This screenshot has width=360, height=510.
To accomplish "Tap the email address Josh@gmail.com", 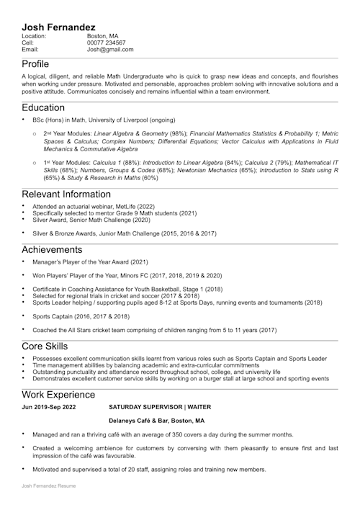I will pyautogui.click(x=110, y=50).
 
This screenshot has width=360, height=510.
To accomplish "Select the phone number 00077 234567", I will pyautogui.click(x=107, y=42).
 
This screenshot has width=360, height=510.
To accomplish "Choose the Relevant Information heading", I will pyautogui.click(x=66, y=194).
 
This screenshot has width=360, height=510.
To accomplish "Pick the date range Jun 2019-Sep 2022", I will pyautogui.click(x=48, y=407).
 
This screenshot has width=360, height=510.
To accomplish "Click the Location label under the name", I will pyautogui.click(x=34, y=35).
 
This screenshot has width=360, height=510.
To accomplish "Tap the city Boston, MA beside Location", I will pyautogui.click(x=103, y=35).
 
